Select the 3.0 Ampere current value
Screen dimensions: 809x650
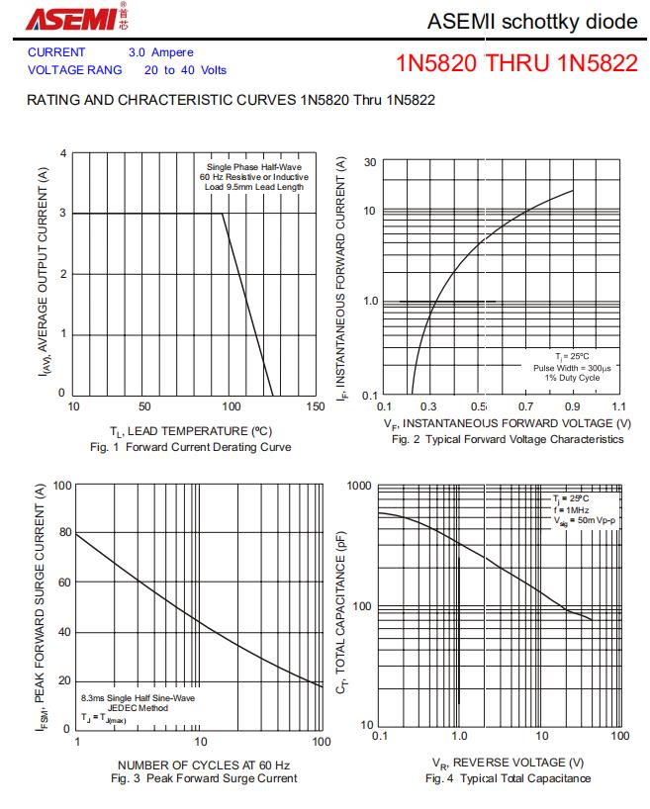tap(160, 52)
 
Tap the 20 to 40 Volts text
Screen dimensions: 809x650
tap(185, 70)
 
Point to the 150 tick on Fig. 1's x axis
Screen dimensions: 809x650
tap(315, 406)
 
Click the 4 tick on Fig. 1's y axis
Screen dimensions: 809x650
tap(61, 153)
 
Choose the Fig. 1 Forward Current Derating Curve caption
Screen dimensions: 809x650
tap(191, 447)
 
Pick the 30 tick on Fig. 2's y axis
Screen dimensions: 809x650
tap(368, 162)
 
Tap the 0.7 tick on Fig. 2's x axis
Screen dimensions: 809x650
tap(524, 406)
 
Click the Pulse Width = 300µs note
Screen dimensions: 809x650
tap(571, 367)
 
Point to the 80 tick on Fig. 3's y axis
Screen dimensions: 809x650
tap(64, 533)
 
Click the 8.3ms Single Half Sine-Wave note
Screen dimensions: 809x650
tap(138, 697)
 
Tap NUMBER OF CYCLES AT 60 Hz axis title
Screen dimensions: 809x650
tap(204, 765)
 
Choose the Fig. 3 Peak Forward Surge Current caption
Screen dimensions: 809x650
tap(204, 778)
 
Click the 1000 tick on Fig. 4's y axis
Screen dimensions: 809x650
tap(359, 486)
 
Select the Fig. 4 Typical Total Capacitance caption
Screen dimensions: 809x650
tap(508, 778)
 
